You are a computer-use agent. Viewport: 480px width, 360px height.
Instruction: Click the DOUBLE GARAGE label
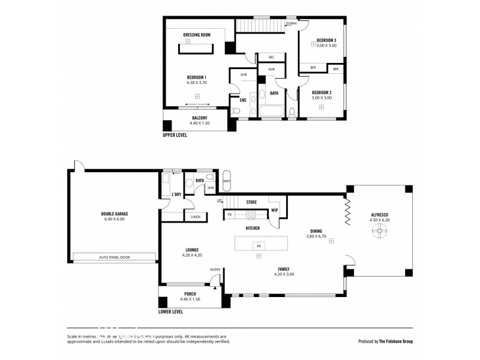pos(114,214)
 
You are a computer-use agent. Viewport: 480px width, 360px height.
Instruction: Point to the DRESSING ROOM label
pos(197,35)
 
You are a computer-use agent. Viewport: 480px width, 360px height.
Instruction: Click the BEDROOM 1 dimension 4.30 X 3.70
pos(197,83)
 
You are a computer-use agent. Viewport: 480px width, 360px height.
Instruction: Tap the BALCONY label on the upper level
pos(199,118)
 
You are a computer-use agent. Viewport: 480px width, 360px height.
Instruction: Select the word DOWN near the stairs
pos(291,23)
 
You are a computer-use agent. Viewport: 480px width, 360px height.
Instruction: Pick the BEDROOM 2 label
pos(322,92)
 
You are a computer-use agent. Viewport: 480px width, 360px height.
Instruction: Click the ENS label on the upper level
pos(243,100)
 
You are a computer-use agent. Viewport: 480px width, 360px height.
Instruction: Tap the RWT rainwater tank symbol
pos(227,181)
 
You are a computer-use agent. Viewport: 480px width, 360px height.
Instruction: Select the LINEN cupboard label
pos(195,217)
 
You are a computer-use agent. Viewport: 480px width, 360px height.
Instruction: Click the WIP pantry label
pos(274,211)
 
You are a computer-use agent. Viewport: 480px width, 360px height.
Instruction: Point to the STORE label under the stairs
pos(251,202)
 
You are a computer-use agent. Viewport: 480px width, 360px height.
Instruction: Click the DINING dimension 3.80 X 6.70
pos(316,236)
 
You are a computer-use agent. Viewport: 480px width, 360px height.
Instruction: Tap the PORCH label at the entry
pos(190,293)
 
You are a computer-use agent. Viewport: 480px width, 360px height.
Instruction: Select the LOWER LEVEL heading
pos(170,312)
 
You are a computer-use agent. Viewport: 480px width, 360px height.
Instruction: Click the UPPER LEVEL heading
pos(175,135)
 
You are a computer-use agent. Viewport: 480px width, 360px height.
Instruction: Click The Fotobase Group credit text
pos(395,341)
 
